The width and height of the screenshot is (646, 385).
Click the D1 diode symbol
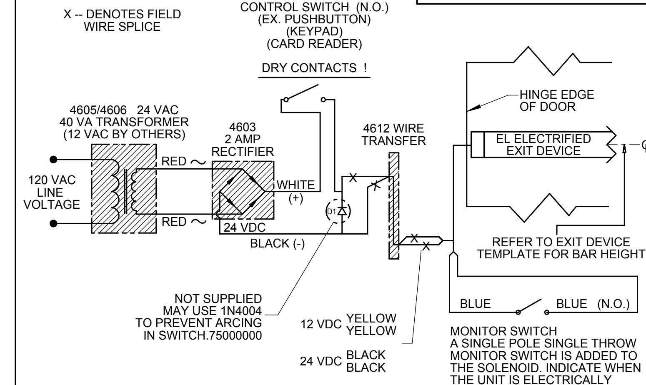(342, 211)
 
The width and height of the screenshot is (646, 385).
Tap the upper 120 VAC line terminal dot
(53, 160)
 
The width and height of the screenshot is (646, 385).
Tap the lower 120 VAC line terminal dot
(53, 223)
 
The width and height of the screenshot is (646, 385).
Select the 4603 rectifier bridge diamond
(242, 192)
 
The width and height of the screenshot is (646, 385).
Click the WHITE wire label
(295, 185)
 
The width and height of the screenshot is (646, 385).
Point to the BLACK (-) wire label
(278, 243)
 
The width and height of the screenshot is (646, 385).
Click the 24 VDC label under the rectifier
(245, 227)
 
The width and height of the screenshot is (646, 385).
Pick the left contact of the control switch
(286, 100)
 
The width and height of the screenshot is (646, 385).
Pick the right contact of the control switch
(323, 100)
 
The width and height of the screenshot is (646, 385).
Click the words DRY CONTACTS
(309, 68)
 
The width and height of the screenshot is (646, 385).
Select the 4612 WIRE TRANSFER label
(394, 135)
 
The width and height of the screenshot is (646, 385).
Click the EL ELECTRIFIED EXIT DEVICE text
(543, 145)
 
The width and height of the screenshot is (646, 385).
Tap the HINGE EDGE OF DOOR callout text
(556, 101)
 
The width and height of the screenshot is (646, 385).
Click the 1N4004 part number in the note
(241, 311)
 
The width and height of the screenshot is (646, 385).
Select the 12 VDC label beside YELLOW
(321, 324)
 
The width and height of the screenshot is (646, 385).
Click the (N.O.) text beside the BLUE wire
(613, 304)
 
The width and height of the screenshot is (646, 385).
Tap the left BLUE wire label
(475, 304)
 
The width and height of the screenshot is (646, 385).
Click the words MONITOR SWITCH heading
(503, 331)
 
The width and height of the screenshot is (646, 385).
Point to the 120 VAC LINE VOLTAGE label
(52, 192)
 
